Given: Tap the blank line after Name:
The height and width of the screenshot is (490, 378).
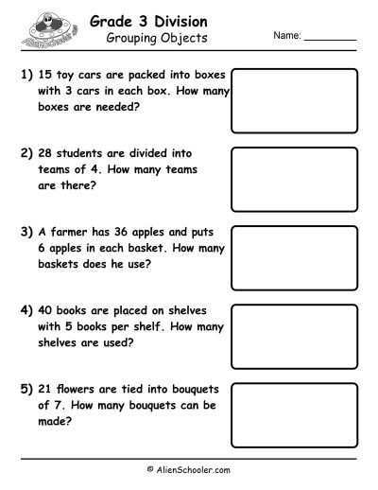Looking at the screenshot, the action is point(331,38).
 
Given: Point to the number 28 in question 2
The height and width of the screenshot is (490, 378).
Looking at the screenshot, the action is point(42,151).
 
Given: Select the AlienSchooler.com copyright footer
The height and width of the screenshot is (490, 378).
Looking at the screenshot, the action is point(189,467).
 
